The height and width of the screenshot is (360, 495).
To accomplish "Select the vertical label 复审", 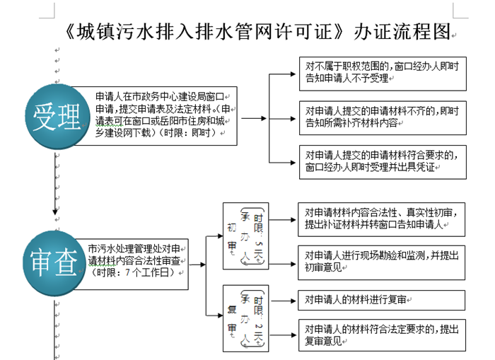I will point(231,316).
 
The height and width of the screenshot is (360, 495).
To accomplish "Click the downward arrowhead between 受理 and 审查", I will point(55,209).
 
